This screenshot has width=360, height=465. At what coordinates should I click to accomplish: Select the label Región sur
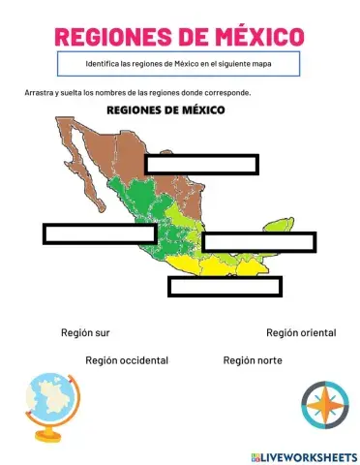85,332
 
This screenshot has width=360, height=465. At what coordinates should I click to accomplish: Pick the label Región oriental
301,332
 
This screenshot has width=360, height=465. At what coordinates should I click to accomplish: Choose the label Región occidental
127,359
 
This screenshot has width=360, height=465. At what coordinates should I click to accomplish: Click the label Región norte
253,359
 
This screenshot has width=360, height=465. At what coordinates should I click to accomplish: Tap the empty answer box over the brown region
201,165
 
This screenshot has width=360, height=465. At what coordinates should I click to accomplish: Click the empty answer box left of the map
100,233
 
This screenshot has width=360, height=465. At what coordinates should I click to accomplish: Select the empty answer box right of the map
259,242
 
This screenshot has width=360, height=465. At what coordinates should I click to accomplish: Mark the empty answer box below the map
225,286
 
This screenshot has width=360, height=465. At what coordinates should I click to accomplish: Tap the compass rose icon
324,405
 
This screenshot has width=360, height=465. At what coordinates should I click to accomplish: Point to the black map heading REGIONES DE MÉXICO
165,110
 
